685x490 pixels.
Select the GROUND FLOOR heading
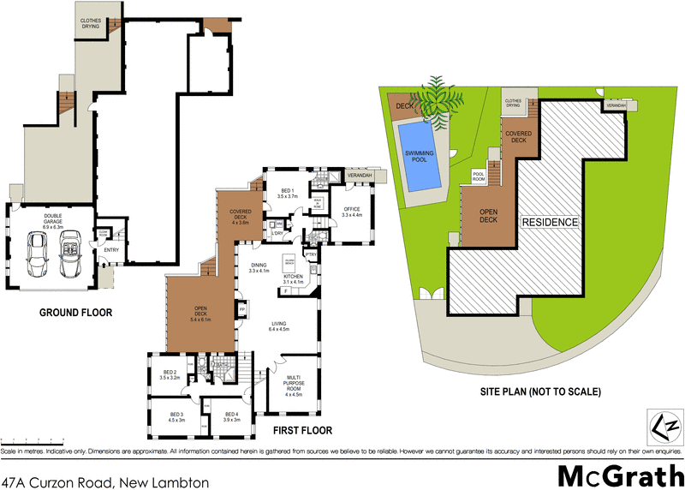coord(75,313)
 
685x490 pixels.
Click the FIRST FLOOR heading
coord(303,430)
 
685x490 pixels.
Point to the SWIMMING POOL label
coord(420,156)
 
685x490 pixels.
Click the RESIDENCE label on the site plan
coord(551,222)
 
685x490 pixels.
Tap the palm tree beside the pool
coord(436,97)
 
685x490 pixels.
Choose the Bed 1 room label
coord(288,193)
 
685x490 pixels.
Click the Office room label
coord(352,211)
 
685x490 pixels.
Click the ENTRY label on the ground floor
coord(110,250)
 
